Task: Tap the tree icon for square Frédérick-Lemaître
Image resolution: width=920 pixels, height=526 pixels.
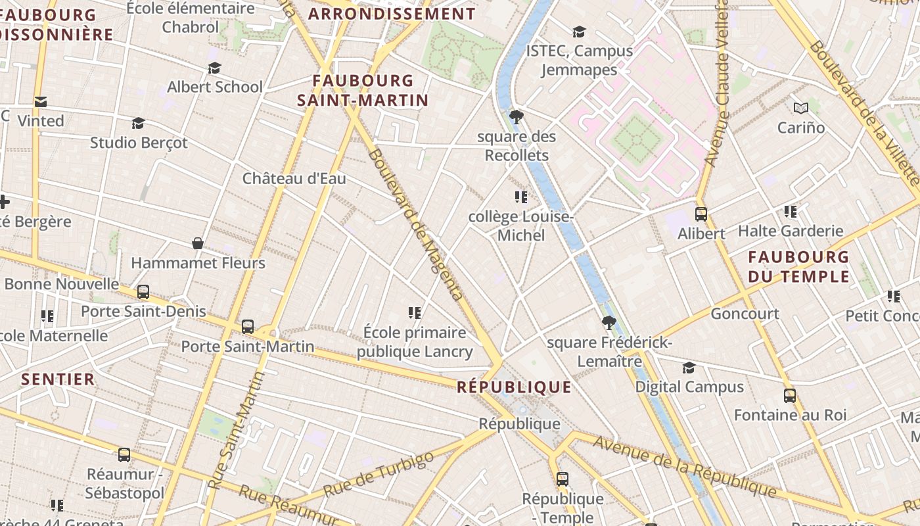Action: (x=609, y=323)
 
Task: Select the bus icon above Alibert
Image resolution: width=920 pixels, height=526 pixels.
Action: (x=701, y=214)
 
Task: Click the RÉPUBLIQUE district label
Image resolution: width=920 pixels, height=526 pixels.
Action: (x=514, y=387)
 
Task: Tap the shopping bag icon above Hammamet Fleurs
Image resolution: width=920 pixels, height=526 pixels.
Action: (x=197, y=243)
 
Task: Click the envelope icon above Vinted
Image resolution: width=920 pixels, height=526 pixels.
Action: (x=41, y=102)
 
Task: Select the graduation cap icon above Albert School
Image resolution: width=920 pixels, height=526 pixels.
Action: (x=214, y=68)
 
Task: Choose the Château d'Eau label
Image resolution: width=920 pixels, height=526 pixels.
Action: (x=294, y=178)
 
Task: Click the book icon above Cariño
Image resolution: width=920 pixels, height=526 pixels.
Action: (x=800, y=108)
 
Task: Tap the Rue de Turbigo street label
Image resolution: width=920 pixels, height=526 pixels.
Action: (x=379, y=474)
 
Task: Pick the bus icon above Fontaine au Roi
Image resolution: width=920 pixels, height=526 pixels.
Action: (x=790, y=396)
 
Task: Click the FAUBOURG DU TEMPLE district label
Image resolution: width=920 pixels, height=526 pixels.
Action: (x=799, y=266)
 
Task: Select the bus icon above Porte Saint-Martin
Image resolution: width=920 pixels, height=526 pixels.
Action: (x=248, y=326)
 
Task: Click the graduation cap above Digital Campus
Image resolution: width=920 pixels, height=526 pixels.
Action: (x=689, y=368)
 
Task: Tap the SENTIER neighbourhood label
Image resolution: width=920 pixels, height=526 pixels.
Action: (x=58, y=379)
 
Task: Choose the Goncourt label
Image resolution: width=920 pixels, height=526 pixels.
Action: (x=745, y=314)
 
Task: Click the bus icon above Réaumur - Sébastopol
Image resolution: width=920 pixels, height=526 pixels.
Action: (x=124, y=454)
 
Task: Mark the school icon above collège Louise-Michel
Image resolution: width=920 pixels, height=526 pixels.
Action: (x=521, y=197)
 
